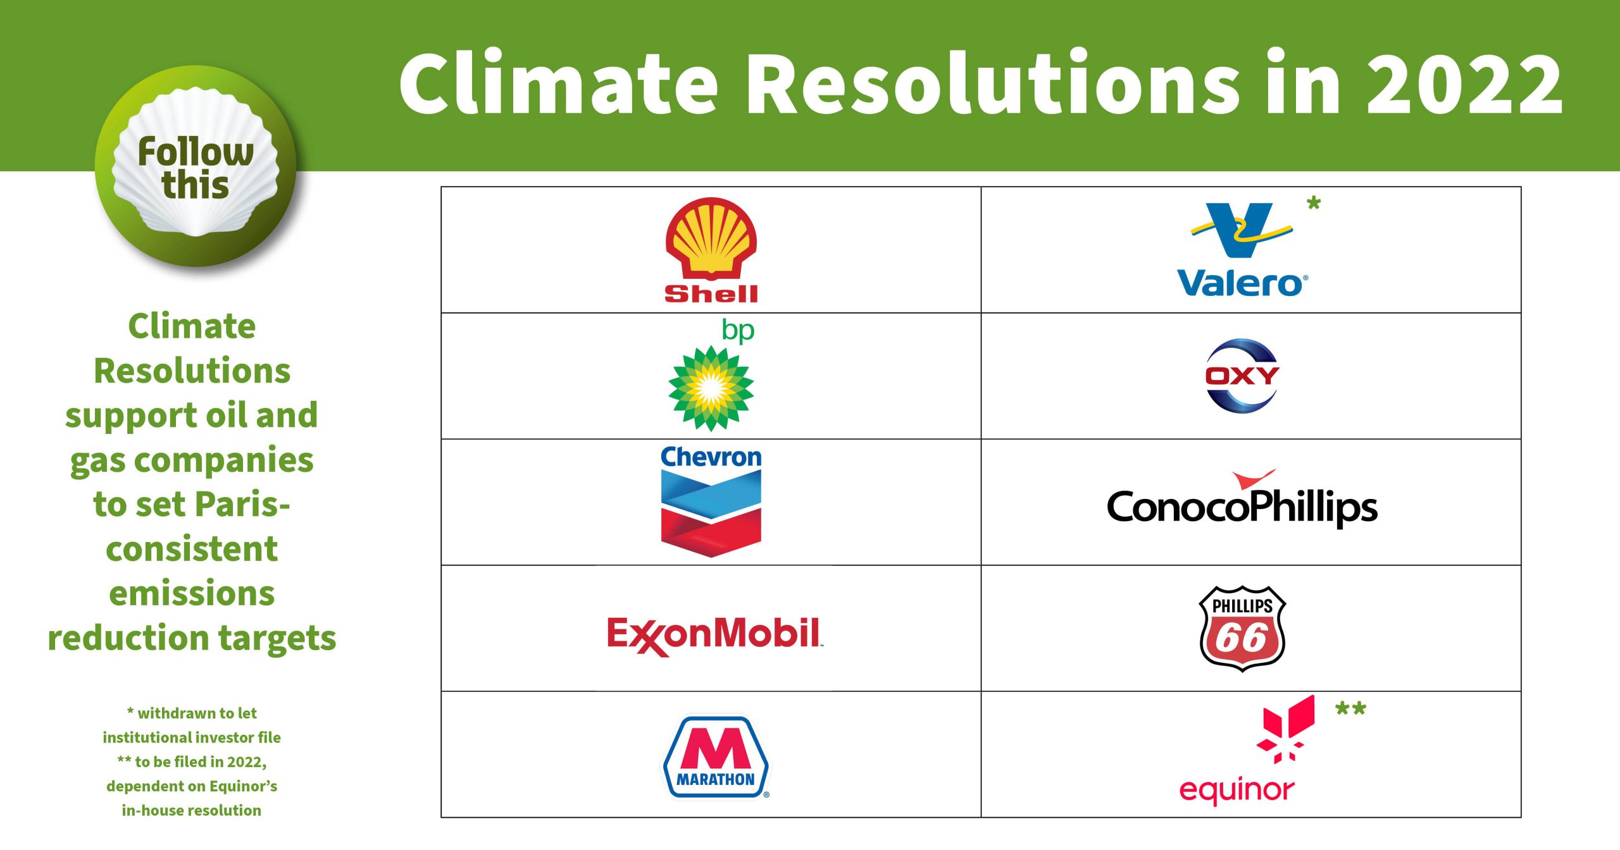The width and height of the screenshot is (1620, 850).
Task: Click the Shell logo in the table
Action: tap(711, 250)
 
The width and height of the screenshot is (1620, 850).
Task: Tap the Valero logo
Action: tap(1242, 250)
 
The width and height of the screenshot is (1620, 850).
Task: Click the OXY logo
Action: tap(1242, 376)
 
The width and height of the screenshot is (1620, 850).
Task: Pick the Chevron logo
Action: tap(711, 502)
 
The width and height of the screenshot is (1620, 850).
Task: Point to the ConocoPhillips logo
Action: tap(1242, 499)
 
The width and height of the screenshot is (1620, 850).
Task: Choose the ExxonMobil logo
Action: tap(714, 636)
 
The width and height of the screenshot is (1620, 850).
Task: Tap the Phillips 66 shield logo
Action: tap(1242, 629)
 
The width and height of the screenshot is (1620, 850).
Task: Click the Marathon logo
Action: tap(716, 756)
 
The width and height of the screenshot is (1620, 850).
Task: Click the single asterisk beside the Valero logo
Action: tap(1314, 204)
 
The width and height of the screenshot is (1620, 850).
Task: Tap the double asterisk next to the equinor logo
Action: tap(1350, 709)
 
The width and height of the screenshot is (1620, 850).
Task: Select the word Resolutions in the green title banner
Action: tap(993, 83)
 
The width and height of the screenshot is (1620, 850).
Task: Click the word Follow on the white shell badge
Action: tap(196, 152)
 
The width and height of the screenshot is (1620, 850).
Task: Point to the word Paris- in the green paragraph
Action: tap(242, 504)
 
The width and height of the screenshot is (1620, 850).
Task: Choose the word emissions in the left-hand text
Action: tap(192, 593)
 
